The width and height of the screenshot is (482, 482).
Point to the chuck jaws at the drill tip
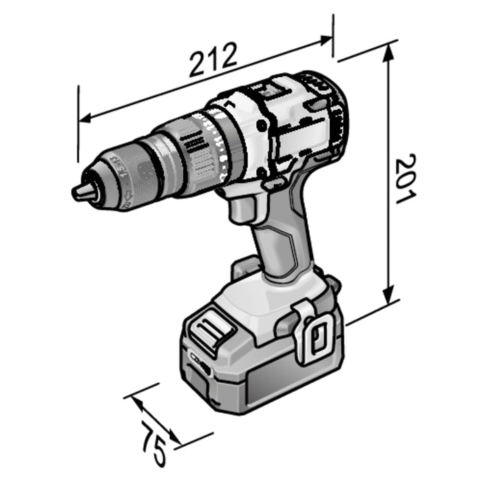tap(83, 192)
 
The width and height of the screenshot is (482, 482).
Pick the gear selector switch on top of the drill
tap(265, 90)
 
